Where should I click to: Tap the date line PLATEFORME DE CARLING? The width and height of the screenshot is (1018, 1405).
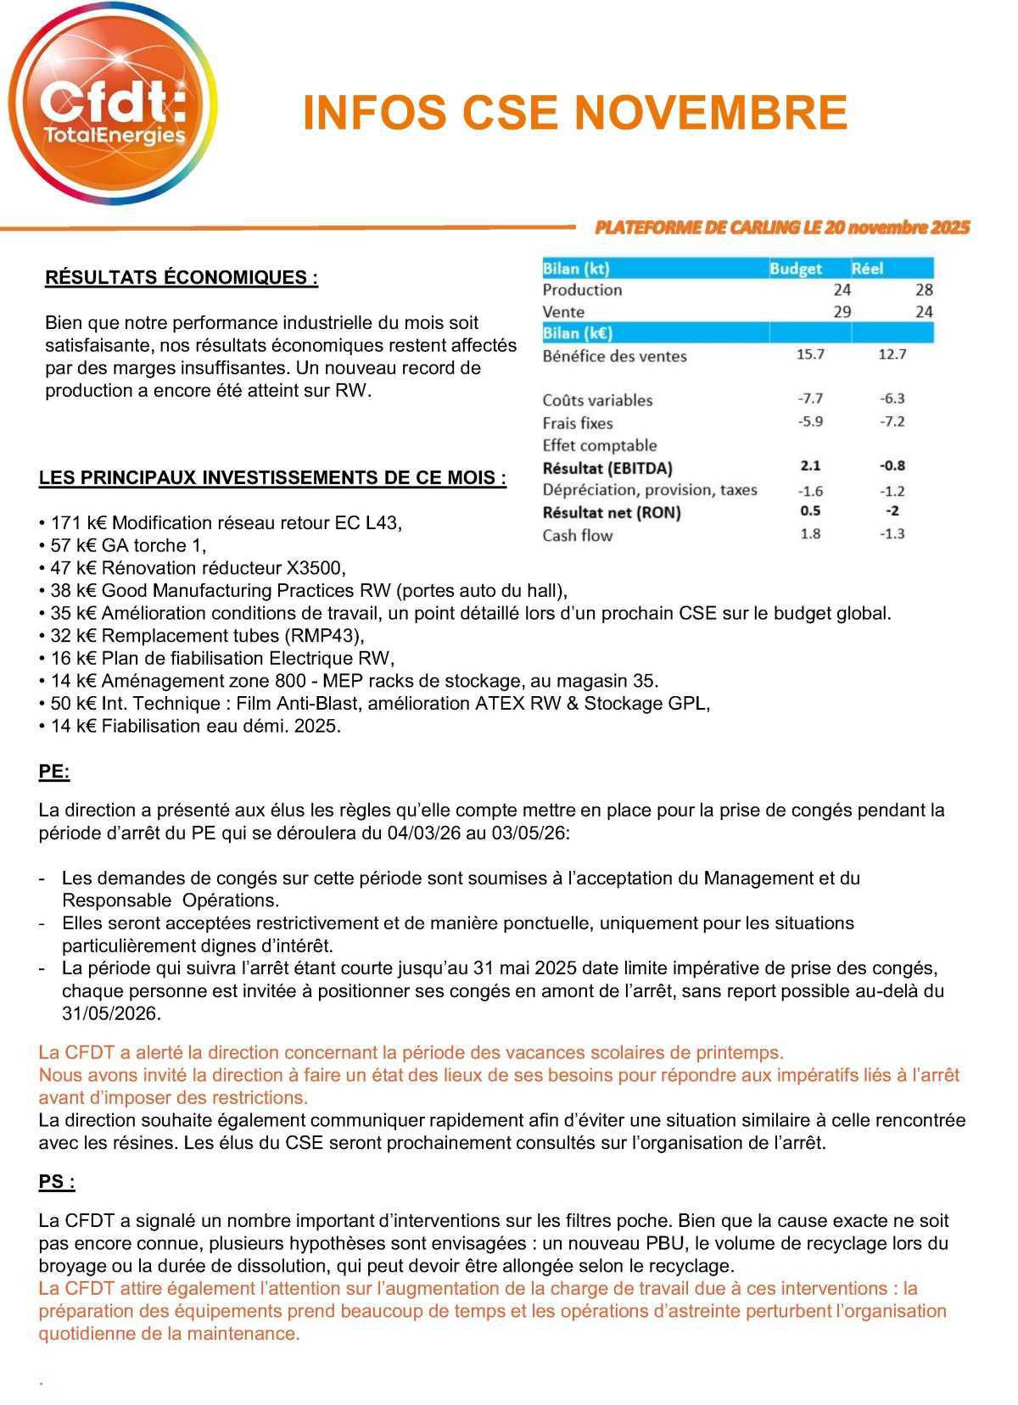coord(781,227)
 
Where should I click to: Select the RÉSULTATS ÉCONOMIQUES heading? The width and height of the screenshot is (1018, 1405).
coord(182,278)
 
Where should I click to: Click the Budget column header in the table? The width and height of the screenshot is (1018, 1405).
coord(795,269)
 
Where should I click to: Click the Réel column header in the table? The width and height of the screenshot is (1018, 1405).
coord(867,269)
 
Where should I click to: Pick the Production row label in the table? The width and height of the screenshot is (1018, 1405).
coord(582,290)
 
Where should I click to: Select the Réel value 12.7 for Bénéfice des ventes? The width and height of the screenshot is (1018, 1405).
coord(892,354)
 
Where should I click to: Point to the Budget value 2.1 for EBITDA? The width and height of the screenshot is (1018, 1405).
coord(810,466)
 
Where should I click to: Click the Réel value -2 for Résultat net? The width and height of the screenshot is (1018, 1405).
coord(892,511)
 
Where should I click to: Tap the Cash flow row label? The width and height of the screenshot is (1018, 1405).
coord(577,535)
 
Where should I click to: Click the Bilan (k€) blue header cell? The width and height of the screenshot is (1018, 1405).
coord(578,333)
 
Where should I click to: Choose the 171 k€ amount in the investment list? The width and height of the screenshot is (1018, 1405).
coord(79,523)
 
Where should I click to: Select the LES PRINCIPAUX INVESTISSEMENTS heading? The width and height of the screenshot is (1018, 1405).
coord(272,477)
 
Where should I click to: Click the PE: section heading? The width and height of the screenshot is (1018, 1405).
coord(54,772)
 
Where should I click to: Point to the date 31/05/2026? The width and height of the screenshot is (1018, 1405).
coord(111,1013)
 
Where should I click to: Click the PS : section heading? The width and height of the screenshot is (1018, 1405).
coord(57,1182)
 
